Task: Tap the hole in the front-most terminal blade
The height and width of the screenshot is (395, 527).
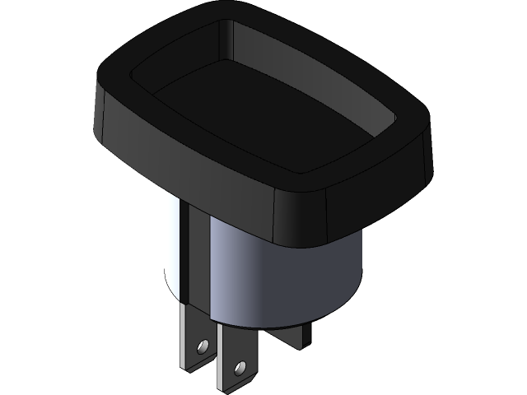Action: point(240,363)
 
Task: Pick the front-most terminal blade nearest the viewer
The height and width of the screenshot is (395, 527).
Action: point(237,358)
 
